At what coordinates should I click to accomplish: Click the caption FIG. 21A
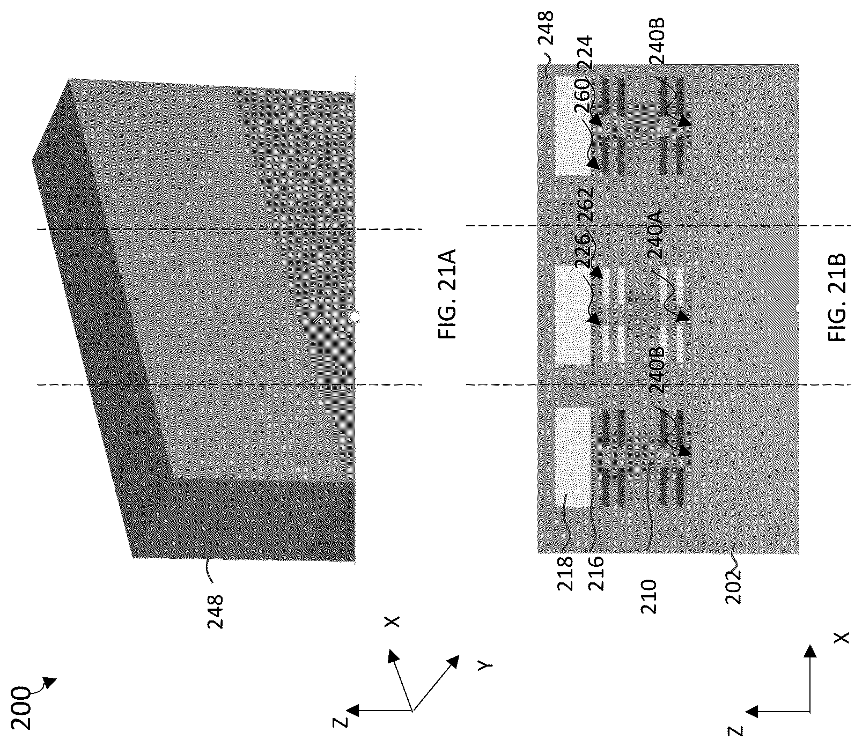447,294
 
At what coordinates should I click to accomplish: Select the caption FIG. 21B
837,297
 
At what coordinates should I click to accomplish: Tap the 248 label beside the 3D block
215,611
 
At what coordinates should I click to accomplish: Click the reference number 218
566,573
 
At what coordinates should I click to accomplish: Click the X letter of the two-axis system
842,637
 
